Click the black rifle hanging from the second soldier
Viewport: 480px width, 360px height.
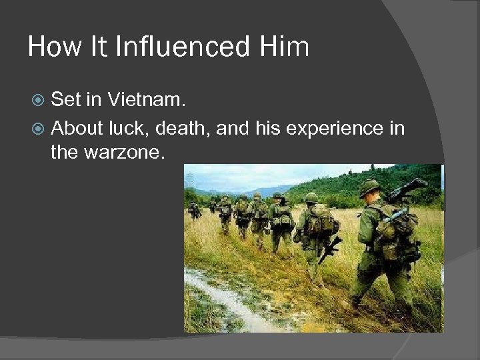pyautogui.click(x=331, y=247)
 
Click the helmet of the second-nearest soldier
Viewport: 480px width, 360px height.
pyautogui.click(x=311, y=197)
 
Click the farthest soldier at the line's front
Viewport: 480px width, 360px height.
pyautogui.click(x=194, y=209)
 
